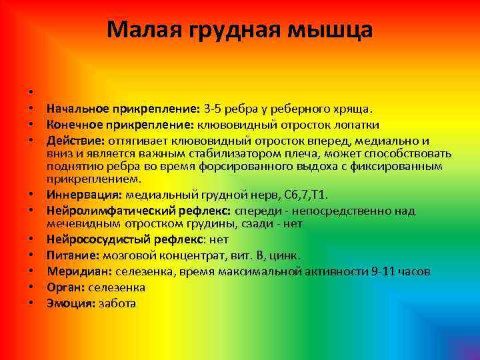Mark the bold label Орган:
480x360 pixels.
[x=65, y=287]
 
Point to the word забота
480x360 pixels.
[x=117, y=303]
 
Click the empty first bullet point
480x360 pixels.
[x=31, y=92]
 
